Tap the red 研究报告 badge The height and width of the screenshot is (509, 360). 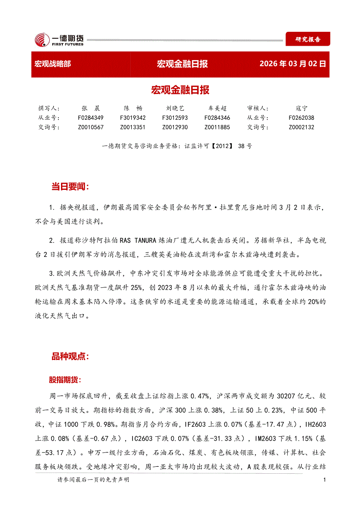point(308,39)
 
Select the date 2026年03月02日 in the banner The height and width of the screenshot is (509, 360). point(292,64)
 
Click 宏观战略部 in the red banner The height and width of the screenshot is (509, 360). point(52,64)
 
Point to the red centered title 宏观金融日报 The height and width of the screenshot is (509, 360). point(180,90)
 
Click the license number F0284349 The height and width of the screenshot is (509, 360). point(91,118)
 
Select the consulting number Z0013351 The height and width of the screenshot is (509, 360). point(132,127)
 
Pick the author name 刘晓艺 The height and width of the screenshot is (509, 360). point(175,108)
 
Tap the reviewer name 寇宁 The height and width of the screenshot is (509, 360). point(301,108)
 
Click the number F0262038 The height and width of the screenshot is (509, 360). point(301,118)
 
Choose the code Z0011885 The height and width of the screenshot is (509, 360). point(217,127)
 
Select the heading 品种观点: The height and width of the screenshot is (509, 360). point(70,356)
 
